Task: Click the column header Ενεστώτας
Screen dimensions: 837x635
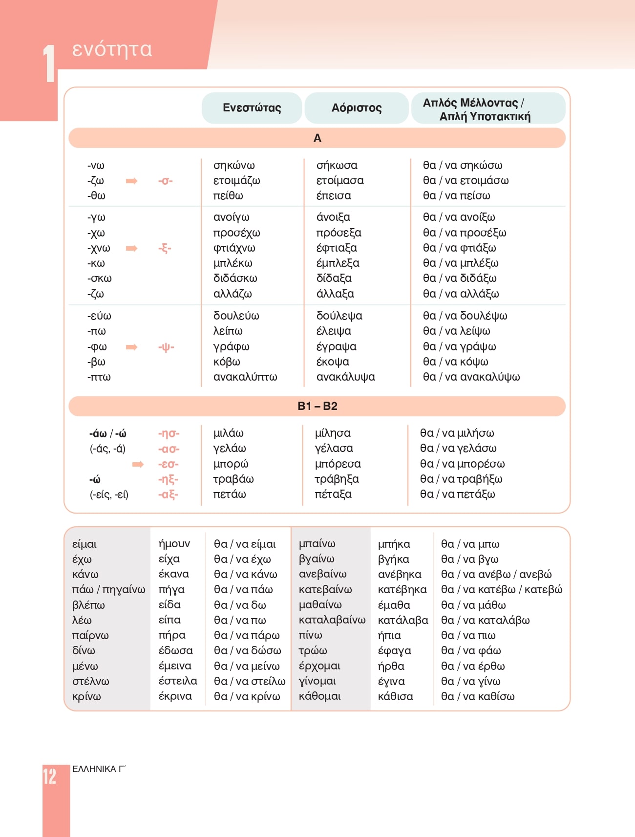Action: [x=252, y=108]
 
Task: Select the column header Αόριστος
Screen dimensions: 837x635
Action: [x=357, y=108]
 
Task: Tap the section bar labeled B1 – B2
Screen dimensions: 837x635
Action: [x=317, y=406]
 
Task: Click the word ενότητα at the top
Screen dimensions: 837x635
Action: [x=112, y=49]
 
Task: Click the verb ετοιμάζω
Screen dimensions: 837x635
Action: [x=236, y=181]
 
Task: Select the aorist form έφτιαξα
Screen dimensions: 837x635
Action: [x=337, y=248]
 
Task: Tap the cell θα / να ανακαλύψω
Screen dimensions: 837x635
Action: [x=471, y=377]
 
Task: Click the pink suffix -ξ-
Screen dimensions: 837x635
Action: [x=165, y=248]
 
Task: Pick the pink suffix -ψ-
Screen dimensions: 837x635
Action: [x=166, y=347]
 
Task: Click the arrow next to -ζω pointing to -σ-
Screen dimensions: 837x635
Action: [x=131, y=181]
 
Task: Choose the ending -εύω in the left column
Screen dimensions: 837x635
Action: [x=99, y=316]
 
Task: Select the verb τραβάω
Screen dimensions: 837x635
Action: [x=233, y=479]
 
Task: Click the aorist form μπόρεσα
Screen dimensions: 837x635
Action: [x=338, y=464]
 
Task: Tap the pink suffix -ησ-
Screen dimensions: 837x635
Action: [x=169, y=433]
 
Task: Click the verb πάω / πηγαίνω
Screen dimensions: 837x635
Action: [x=108, y=590]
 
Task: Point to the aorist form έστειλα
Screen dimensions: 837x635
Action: [x=178, y=681]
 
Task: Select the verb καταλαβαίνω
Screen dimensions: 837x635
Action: [x=332, y=620]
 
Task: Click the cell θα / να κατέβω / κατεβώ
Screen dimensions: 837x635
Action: [x=502, y=590]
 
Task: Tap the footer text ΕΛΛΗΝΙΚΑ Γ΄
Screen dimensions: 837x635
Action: [x=99, y=769]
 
